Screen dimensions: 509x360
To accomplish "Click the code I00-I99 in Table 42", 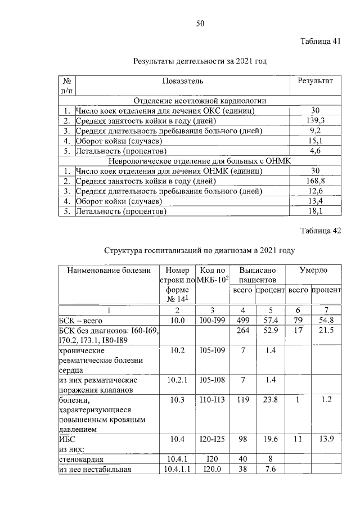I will click(x=213, y=320).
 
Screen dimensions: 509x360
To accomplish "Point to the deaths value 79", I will click(x=298, y=320).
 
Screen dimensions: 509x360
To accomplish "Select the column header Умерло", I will click(x=313, y=270).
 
